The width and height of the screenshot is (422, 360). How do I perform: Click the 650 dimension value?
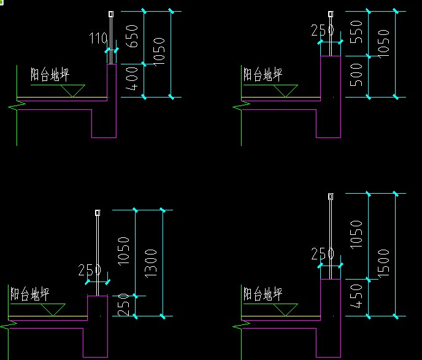132,37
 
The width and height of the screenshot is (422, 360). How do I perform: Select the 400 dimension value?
132,80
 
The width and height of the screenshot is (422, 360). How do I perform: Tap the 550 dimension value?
356,32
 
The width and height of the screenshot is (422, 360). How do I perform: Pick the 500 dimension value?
356,75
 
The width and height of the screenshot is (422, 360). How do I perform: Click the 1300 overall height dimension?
151,263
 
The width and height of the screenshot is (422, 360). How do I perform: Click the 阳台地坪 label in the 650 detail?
50,75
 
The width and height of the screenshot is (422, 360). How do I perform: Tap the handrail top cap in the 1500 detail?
331,197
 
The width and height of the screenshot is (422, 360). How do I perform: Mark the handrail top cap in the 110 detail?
112,14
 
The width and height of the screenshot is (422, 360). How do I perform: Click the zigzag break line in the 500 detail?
240,107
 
